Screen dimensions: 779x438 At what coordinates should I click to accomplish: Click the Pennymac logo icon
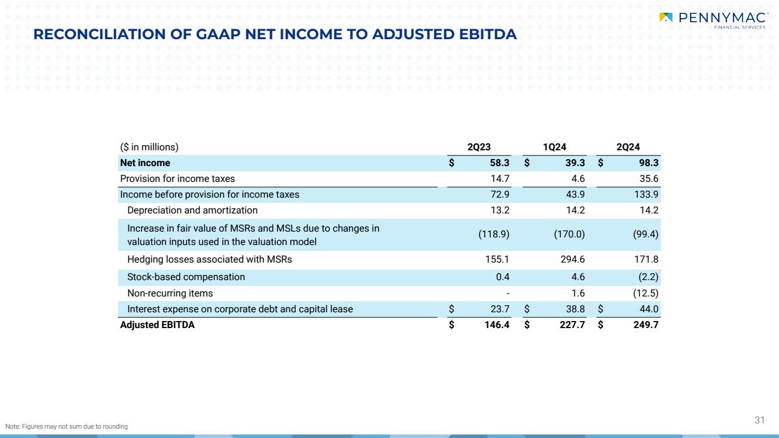point(666,18)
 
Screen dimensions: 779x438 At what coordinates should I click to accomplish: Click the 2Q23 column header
point(479,147)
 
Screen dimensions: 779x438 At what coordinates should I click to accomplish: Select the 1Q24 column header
point(555,147)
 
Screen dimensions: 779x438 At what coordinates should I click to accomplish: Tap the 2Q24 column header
point(628,147)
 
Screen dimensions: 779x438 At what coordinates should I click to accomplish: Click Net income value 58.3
point(500,163)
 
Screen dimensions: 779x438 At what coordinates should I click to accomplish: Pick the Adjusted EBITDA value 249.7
point(646,325)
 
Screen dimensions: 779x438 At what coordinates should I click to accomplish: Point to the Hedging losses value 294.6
point(573,260)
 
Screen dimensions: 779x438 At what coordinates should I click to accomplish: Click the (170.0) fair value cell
point(569,234)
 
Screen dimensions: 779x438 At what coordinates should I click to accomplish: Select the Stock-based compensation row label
point(186,277)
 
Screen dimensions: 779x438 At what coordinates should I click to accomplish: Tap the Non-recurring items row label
point(170,294)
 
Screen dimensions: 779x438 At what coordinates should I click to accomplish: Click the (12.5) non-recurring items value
point(645,294)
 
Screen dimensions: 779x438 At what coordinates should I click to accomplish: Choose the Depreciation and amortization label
point(192,210)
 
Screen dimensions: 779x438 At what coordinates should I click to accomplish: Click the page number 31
point(760,420)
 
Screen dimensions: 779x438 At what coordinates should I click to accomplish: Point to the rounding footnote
point(67,426)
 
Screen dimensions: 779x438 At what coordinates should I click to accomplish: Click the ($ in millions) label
point(149,147)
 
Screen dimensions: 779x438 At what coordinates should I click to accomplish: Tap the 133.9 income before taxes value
point(646,195)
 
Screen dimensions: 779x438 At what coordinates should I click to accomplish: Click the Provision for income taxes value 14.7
point(500,179)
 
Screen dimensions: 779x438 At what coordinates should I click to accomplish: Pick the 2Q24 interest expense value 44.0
point(649,309)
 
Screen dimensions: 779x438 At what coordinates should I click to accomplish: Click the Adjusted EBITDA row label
point(157,325)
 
